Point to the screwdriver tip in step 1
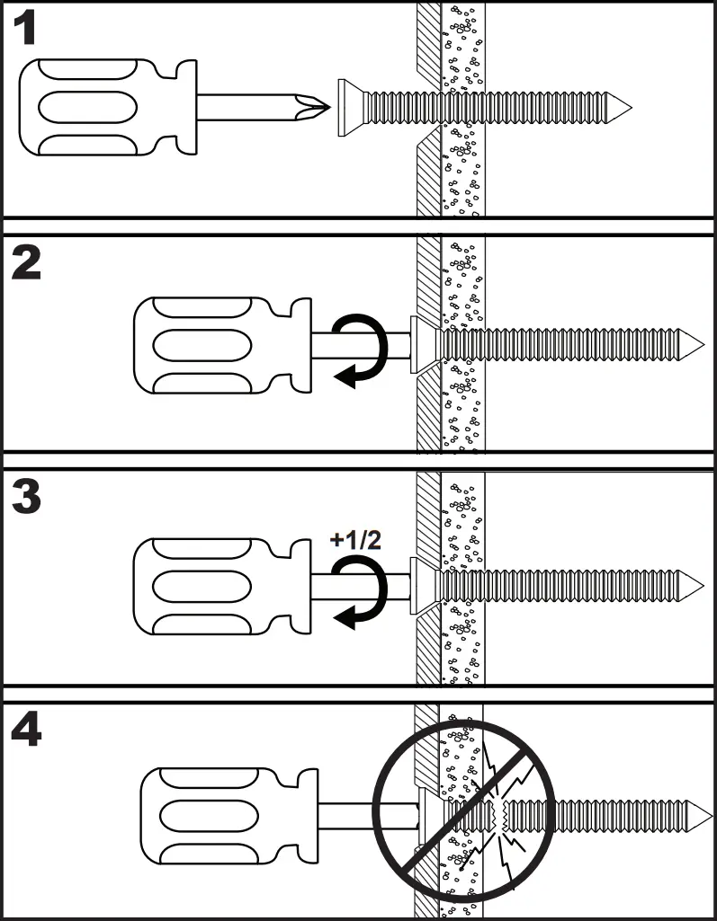(x=311, y=107)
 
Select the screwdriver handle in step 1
(x=99, y=106)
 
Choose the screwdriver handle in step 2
(x=211, y=345)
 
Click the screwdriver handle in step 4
(x=220, y=816)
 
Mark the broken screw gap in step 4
(x=502, y=815)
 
